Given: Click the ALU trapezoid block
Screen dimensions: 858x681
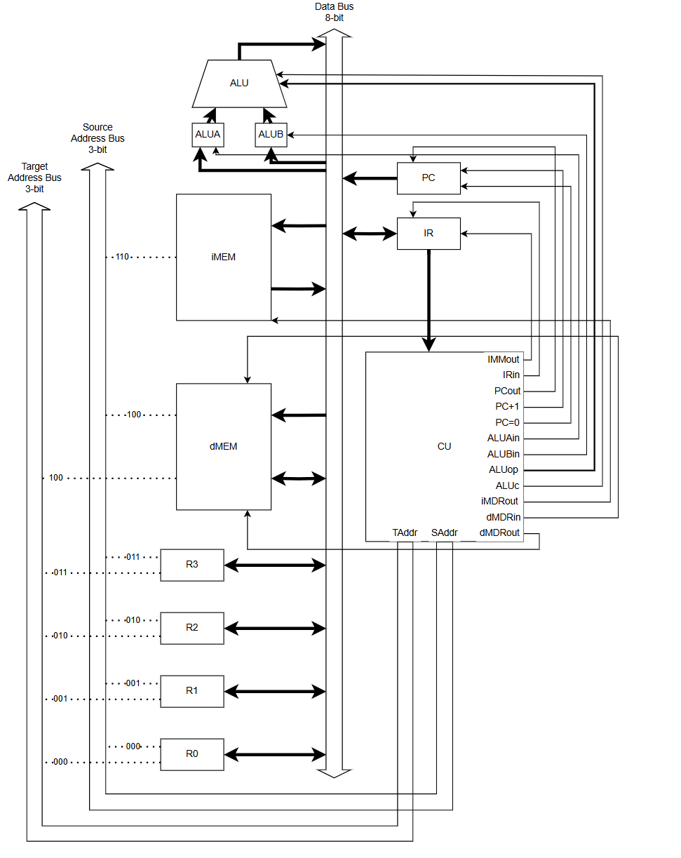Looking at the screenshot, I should (239, 83).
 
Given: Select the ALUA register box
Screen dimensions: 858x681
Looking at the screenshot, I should (208, 135).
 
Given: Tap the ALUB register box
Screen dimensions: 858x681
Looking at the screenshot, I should (271, 135).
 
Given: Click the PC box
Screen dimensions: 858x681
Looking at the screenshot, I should (429, 178).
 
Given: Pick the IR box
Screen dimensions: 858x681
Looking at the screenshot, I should (429, 234).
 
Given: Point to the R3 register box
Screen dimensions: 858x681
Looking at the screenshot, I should (192, 565).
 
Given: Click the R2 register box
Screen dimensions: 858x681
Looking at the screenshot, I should (192, 628).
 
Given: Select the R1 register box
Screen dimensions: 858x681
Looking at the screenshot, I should (192, 691).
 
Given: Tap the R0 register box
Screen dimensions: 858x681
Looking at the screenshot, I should (192, 754).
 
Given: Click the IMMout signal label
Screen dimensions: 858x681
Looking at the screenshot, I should (504, 360).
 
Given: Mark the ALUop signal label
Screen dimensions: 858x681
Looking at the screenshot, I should (504, 470).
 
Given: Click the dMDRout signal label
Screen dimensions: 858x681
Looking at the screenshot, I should (499, 533).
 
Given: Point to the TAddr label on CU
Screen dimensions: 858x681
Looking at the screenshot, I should (405, 533).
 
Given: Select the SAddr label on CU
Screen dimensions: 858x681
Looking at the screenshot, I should (444, 533).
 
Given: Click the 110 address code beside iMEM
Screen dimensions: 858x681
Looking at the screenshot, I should (122, 257).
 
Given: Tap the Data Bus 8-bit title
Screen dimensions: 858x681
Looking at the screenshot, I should (335, 12).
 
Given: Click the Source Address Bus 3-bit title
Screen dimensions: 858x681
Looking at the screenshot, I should (97, 138).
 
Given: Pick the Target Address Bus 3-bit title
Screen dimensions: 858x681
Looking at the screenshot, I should (34, 177).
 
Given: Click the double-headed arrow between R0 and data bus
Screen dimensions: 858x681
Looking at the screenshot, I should (275, 756).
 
